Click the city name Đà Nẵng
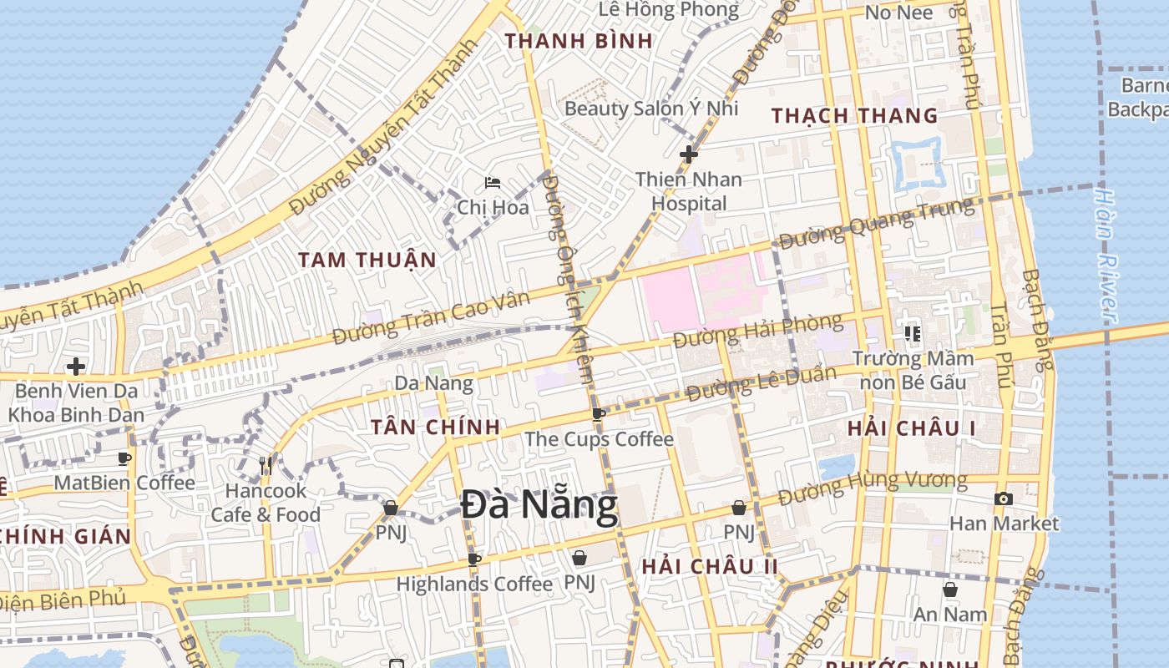(x=539, y=505)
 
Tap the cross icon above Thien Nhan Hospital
(x=689, y=154)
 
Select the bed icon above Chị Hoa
(x=493, y=182)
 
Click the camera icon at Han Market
(x=1003, y=499)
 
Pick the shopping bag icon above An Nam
(x=949, y=590)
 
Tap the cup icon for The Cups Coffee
(x=598, y=414)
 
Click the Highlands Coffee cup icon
(x=474, y=559)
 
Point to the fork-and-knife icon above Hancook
(x=266, y=466)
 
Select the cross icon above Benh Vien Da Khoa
(x=76, y=367)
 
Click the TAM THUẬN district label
(x=367, y=260)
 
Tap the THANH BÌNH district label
(x=567, y=40)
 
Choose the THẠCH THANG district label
(x=854, y=115)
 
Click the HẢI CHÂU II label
(x=710, y=566)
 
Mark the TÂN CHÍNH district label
(x=435, y=427)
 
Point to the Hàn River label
(x=1106, y=255)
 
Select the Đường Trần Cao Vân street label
(x=430, y=318)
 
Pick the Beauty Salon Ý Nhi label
(x=651, y=108)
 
